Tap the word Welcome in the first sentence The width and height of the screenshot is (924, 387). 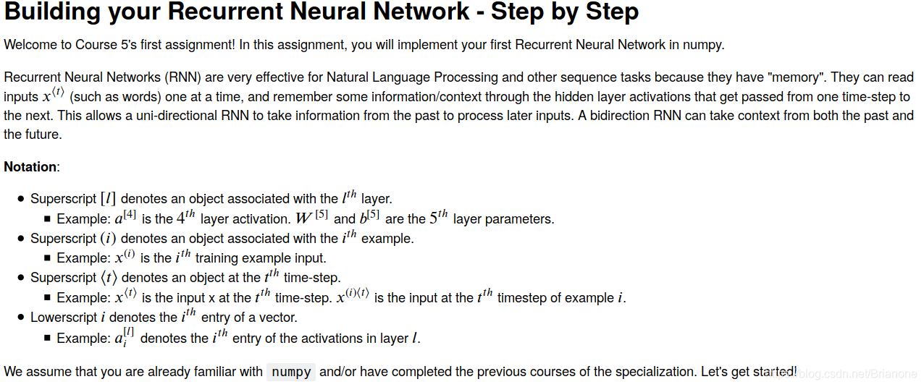(x=30, y=45)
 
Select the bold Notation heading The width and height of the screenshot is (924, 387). (x=30, y=167)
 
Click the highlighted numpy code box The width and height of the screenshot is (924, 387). (x=291, y=373)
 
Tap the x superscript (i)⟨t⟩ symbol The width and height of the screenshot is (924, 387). (x=353, y=297)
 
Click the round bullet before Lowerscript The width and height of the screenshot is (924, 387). (x=22, y=318)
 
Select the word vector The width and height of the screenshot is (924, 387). (x=277, y=318)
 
